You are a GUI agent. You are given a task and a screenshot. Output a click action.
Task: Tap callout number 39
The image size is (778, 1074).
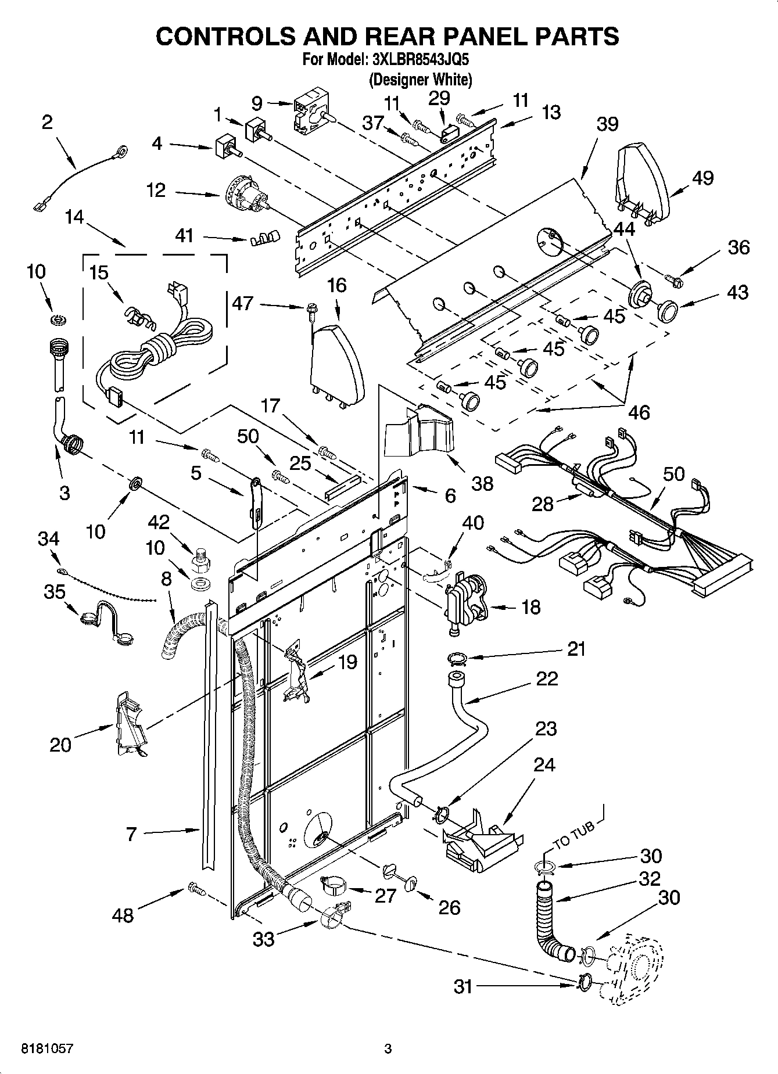point(607,124)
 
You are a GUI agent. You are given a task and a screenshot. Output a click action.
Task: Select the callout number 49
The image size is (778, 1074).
point(702,178)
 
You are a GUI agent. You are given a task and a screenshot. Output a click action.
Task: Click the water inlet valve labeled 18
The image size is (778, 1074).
point(467,602)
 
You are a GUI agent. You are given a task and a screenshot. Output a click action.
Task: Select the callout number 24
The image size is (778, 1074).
point(544,765)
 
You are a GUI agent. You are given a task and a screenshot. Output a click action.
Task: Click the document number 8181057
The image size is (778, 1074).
point(47,1048)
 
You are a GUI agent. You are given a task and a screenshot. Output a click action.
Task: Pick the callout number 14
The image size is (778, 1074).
point(74,217)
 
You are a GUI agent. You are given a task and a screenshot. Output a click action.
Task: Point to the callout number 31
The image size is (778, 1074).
point(463,987)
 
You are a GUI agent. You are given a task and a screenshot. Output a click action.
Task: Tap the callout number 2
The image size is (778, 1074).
point(47,122)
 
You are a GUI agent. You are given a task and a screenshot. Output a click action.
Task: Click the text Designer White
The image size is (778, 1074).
point(420,80)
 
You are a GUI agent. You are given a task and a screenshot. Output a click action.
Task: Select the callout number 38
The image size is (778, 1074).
point(483,483)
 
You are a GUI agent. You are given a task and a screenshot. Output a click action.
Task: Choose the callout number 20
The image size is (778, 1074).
point(60,745)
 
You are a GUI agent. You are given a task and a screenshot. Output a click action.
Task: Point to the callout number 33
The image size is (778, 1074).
point(263,939)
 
